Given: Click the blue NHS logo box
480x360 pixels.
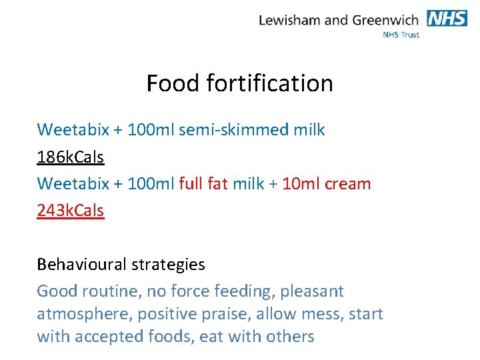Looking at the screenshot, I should tap(447, 18).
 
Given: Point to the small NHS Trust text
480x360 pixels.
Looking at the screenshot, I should tap(401, 35).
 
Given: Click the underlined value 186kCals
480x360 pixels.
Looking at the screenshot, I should tap(71, 157).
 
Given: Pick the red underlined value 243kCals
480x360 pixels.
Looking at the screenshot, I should tap(71, 211).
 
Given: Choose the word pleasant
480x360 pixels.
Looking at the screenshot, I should tap(311, 291).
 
